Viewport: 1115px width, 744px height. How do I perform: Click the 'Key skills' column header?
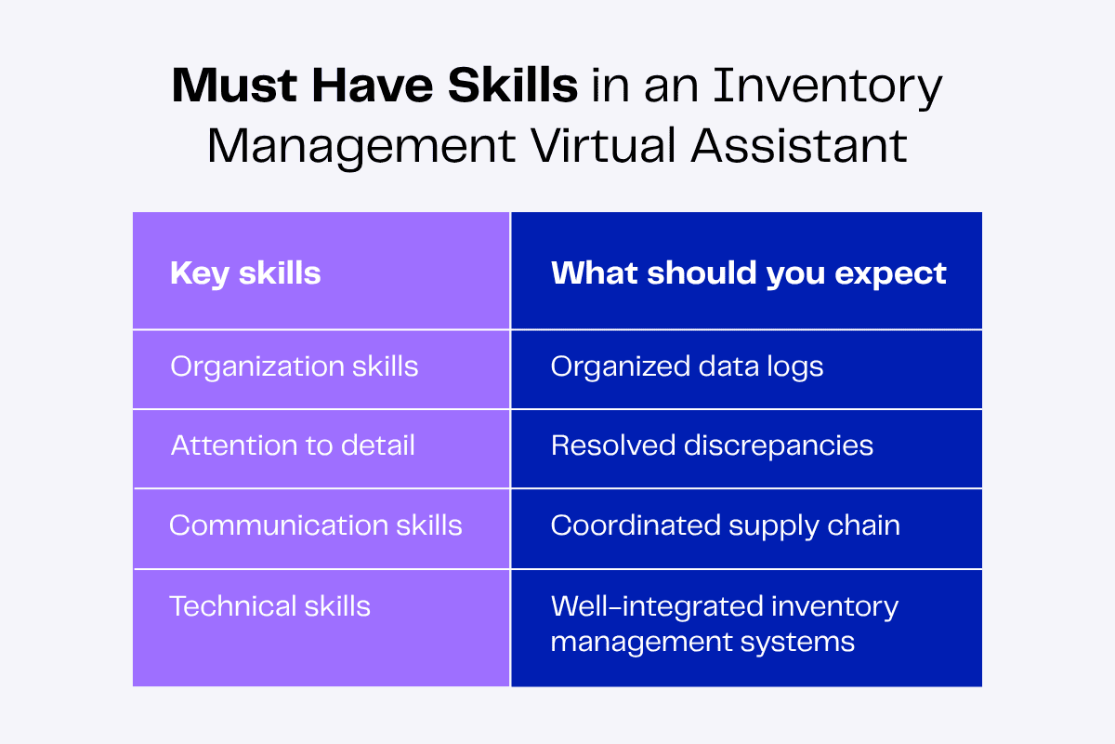pos(245,273)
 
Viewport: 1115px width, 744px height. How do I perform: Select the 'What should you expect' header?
pos(748,273)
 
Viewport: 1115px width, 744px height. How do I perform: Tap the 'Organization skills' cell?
pos(294,366)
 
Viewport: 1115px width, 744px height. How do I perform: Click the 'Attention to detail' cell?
pos(292,445)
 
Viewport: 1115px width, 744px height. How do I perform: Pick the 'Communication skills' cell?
pos(315,525)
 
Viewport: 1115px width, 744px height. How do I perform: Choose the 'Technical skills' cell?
pos(269,606)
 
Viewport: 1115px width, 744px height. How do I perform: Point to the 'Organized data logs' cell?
pos(687,366)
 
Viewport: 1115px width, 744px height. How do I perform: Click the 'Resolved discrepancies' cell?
pos(712,445)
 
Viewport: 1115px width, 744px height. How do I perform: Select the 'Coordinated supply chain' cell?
pos(725,525)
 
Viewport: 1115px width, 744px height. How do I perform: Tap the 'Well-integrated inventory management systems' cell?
pos(724,623)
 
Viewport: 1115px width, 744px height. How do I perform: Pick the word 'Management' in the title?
pos(361,147)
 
